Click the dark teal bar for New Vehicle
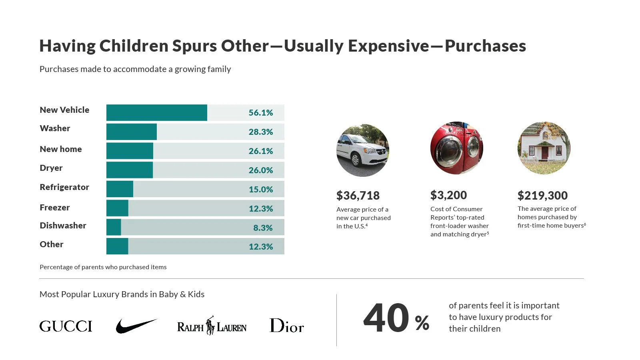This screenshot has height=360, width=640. tap(156, 112)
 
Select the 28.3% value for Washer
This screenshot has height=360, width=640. tap(260, 132)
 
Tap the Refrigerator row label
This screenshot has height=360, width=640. tap(64, 187)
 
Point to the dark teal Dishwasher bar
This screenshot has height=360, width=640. tap(114, 227)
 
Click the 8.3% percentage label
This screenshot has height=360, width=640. tap(263, 228)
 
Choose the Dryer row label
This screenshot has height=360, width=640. tap(51, 168)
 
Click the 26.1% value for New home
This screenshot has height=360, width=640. tap(260, 151)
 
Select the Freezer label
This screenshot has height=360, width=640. tap(54, 208)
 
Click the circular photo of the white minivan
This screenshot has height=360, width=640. tap(362, 150)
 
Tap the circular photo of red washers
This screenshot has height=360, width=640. tap(456, 148)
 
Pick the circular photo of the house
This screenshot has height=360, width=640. tap(544, 148)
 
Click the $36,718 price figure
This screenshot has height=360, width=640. tap(358, 196)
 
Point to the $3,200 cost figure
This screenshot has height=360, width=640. tap(448, 195)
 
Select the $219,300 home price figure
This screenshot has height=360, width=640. tap(542, 196)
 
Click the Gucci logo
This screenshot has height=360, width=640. tap(66, 326)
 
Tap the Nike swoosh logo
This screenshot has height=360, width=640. tap(136, 326)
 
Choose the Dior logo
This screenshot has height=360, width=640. tap(286, 326)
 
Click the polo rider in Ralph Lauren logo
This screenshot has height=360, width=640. tap(210, 326)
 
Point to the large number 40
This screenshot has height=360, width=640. tap(386, 318)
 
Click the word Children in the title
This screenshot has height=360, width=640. tap(134, 46)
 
